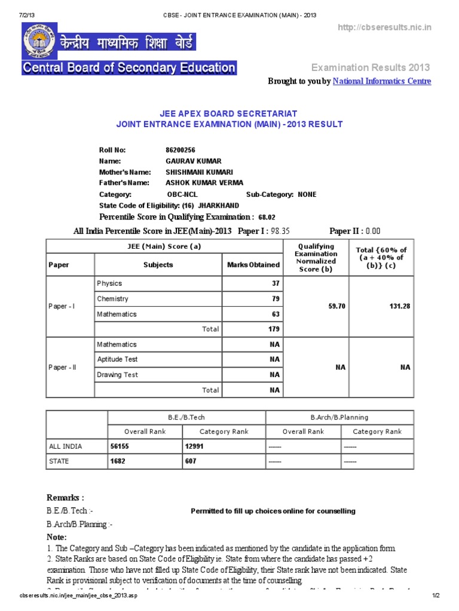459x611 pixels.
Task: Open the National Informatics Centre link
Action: coord(381,81)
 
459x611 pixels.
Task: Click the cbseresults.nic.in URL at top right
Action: coord(384,28)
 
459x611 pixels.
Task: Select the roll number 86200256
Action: coord(180,150)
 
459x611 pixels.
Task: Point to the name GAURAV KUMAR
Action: coord(193,161)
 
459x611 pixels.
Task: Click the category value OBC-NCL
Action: coord(182,195)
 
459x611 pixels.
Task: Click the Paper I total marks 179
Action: coord(273,328)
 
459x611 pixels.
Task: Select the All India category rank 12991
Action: coord(196,446)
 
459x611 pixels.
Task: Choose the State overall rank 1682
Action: coord(118,461)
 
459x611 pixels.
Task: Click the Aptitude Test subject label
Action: coord(117,359)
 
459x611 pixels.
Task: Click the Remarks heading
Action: coord(65,498)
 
